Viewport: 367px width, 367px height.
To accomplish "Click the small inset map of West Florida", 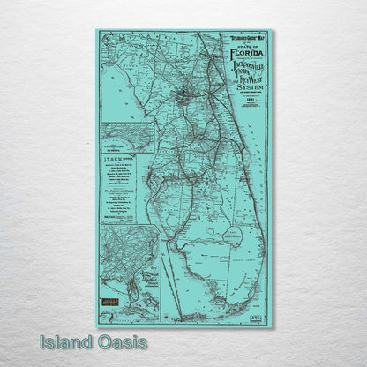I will click(127, 139).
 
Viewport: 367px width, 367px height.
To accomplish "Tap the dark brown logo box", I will click(109, 300).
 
